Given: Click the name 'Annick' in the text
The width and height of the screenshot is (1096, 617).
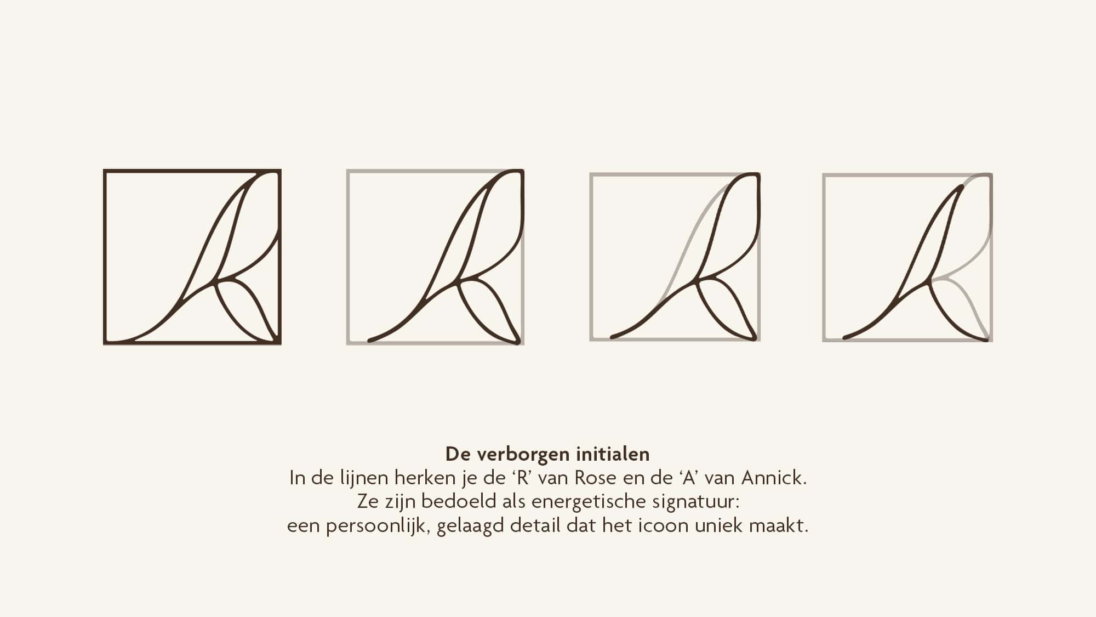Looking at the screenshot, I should coord(773,478).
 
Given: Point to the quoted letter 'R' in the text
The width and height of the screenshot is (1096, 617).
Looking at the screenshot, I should coord(523,478).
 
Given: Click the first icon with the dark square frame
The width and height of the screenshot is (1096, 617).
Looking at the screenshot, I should coord(192,257).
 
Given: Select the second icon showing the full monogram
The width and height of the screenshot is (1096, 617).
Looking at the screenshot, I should coord(435,257).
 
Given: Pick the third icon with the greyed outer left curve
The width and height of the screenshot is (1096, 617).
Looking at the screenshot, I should coord(675,257).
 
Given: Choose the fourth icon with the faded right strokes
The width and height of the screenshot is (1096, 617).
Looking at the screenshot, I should coord(907,257).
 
